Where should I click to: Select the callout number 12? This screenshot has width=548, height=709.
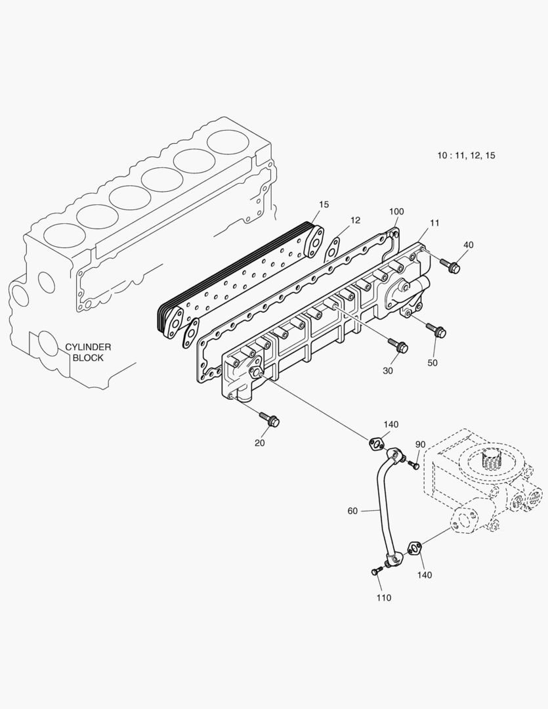(355, 221)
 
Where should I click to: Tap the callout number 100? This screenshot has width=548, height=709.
(396, 211)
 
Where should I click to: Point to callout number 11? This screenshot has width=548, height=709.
(434, 223)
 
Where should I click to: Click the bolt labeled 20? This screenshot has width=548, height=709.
(270, 418)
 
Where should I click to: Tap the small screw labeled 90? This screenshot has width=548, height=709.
(413, 465)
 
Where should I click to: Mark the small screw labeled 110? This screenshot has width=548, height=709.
(376, 571)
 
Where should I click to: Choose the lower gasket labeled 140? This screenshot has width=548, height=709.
(414, 548)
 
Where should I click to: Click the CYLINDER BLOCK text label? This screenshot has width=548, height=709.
(88, 353)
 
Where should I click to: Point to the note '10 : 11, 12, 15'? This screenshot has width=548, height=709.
(467, 156)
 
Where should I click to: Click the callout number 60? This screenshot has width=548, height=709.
(352, 510)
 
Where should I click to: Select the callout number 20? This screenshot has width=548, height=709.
(260, 442)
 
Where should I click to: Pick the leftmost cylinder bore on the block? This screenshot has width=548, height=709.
(65, 236)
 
